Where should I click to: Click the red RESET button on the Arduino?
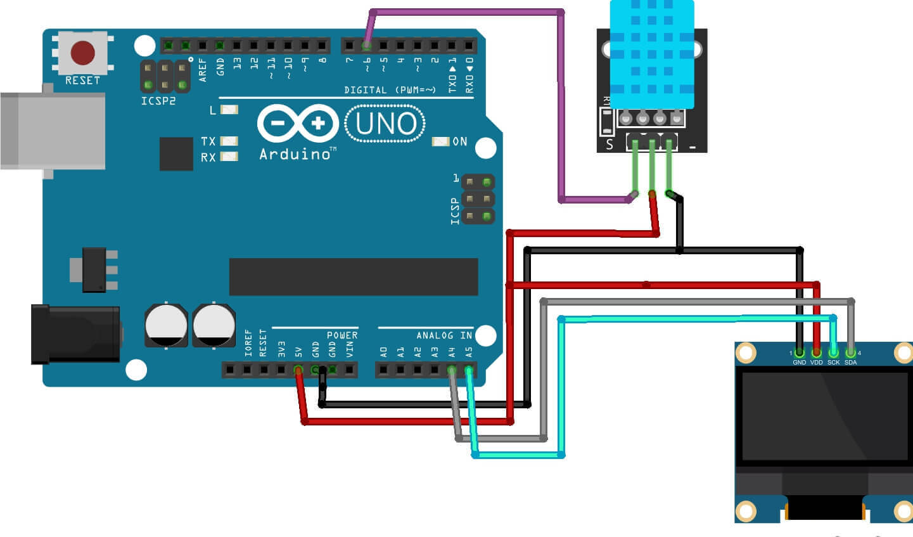click(83, 53)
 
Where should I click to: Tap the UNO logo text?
click(385, 124)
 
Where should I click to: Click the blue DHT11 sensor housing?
click(652, 54)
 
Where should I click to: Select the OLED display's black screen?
click(824, 415)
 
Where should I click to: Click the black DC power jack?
click(76, 333)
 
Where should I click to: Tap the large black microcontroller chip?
click(354, 276)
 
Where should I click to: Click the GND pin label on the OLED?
click(800, 363)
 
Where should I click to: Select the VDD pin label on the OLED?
click(816, 363)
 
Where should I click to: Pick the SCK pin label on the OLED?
click(833, 363)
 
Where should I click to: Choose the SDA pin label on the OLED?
click(850, 363)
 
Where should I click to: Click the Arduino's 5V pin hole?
click(298, 370)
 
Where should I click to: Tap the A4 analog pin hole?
click(452, 370)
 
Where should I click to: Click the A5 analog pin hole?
click(469, 370)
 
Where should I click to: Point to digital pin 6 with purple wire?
click(366, 46)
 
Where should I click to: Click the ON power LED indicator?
click(440, 141)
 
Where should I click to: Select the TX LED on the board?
click(229, 141)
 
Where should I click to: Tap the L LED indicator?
click(229, 110)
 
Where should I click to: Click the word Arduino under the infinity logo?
click(295, 154)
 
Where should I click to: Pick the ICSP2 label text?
click(158, 101)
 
